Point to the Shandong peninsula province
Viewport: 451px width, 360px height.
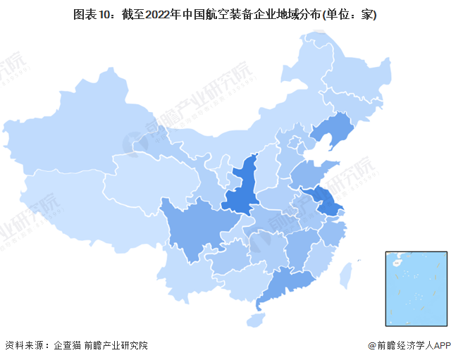(310, 173)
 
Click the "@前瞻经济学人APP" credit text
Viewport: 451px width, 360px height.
(407, 346)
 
